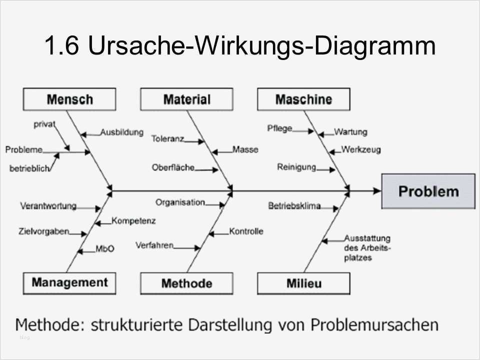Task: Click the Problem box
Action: click(428, 191)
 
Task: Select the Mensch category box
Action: click(69, 99)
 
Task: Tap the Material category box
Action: click(186, 99)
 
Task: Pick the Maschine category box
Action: click(303, 99)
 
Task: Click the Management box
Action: click(69, 282)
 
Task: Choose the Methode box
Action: click(186, 283)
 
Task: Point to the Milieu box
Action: click(303, 283)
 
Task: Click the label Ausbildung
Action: click(121, 132)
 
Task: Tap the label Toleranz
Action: click(167, 138)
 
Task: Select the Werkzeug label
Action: click(360, 149)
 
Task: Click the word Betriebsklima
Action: click(294, 205)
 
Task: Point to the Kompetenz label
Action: click(133, 220)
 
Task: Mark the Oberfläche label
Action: click(173, 167)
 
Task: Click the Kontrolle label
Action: click(246, 231)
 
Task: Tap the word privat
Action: click(44, 124)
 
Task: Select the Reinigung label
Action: click(296, 167)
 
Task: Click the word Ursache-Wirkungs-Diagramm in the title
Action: click(261, 46)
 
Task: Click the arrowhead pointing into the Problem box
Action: click(377, 190)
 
